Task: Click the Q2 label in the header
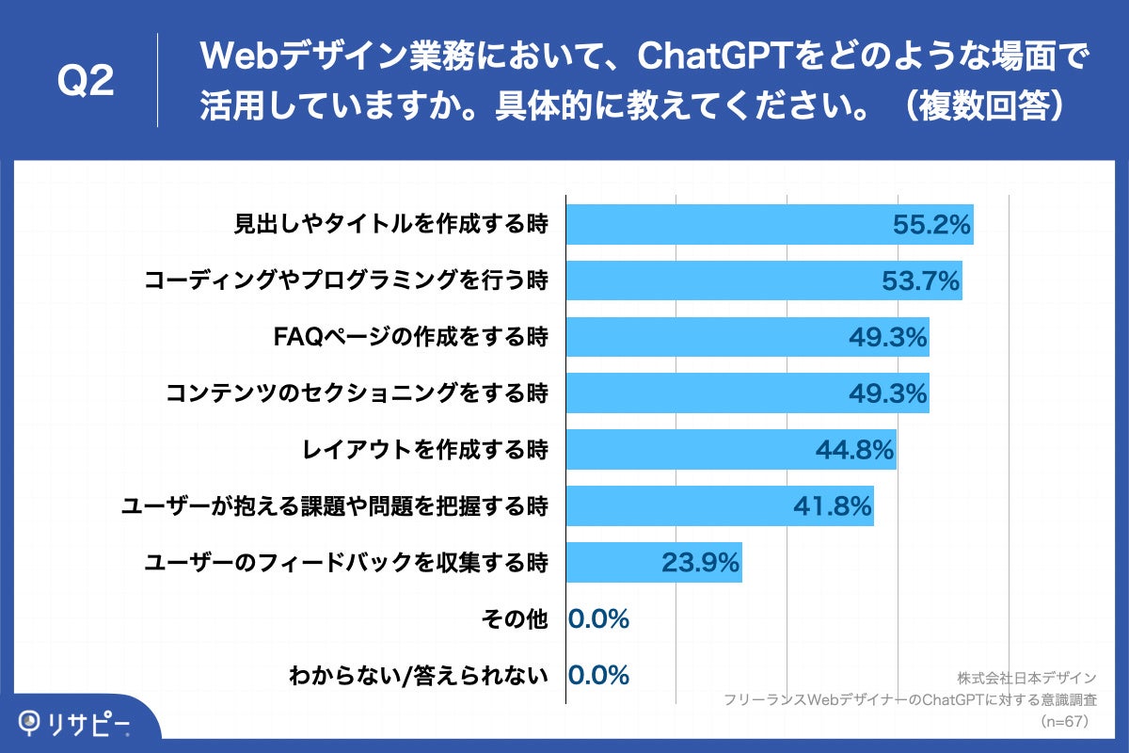(x=86, y=82)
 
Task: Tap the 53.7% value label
(x=919, y=280)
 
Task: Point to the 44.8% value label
(x=853, y=451)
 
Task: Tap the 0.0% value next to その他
(x=599, y=619)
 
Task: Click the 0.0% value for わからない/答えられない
(x=599, y=675)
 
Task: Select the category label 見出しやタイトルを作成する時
(x=390, y=225)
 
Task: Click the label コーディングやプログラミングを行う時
(x=345, y=280)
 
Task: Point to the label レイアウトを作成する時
(x=424, y=450)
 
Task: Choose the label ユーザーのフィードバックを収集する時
(x=345, y=563)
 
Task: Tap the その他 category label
(x=513, y=619)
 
